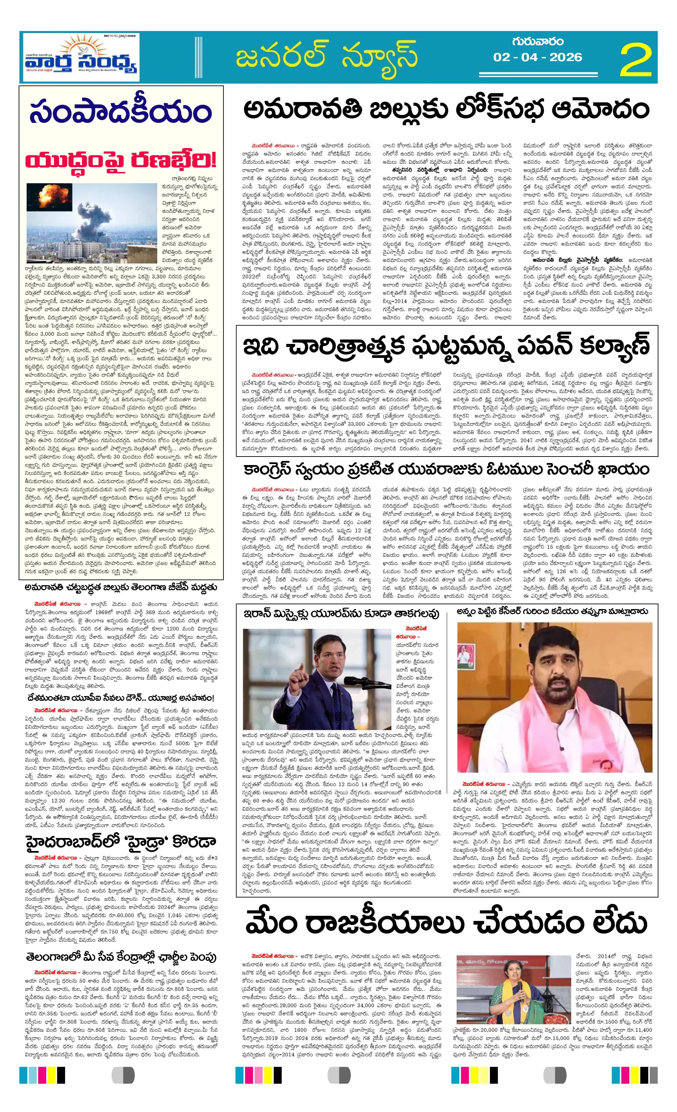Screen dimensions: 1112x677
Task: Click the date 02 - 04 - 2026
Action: pos(537,57)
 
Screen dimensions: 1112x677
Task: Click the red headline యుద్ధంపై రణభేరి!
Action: pos(120,160)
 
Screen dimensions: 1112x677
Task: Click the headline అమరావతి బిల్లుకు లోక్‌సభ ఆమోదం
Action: pos(446,110)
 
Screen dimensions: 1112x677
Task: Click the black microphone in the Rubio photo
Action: pos(357,681)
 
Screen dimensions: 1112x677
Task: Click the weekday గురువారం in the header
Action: pos(537,42)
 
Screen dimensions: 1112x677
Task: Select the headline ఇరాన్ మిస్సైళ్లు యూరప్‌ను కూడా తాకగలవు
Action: pos(341,613)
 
